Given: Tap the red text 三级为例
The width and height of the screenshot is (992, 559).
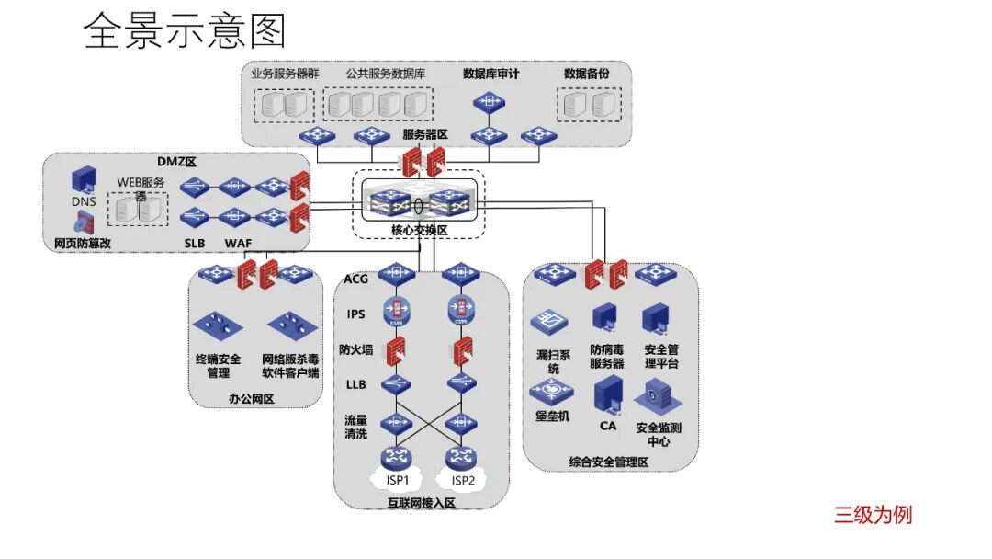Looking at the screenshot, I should pyautogui.click(x=873, y=514).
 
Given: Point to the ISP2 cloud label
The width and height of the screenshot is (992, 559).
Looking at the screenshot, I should pyautogui.click(x=463, y=480).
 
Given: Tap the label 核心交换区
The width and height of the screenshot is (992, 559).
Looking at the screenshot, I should pyautogui.click(x=419, y=230).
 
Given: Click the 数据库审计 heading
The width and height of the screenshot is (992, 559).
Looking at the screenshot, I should pyautogui.click(x=491, y=74).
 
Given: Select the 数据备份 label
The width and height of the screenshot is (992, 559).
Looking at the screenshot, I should pyautogui.click(x=586, y=74).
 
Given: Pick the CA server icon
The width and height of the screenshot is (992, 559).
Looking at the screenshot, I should pyautogui.click(x=608, y=395).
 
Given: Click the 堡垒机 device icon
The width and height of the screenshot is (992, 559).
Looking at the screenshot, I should pyautogui.click(x=552, y=391).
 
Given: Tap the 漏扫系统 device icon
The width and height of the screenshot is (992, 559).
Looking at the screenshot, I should pyautogui.click(x=549, y=321).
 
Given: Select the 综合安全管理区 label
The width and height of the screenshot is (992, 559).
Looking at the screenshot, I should pyautogui.click(x=609, y=461).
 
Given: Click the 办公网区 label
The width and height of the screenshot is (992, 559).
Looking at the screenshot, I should pyautogui.click(x=252, y=398).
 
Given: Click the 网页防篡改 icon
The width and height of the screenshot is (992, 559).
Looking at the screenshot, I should pyautogui.click(x=84, y=221).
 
